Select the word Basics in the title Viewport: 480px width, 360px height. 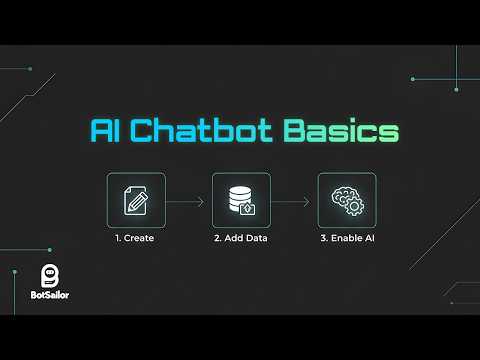click(340, 133)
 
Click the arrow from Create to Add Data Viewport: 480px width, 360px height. click(187, 201)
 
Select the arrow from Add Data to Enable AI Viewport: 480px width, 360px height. click(293, 201)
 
